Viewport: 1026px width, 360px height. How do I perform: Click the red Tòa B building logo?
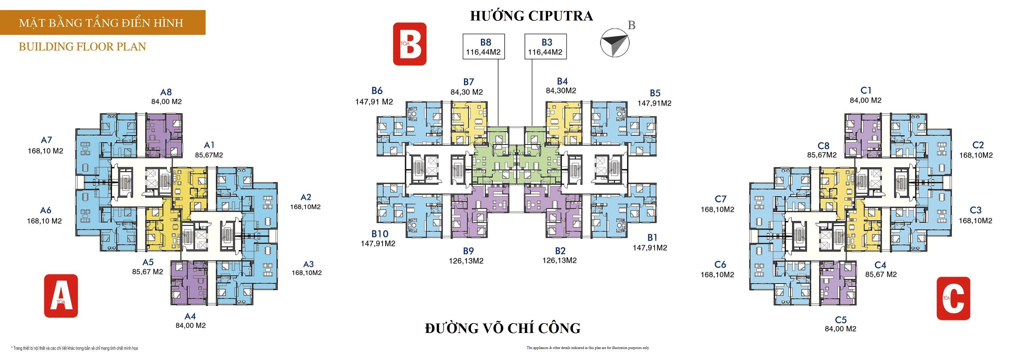click(x=410, y=44)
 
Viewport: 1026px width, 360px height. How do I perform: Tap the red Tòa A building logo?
click(x=61, y=296)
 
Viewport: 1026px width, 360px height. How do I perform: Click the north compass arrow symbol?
click(x=615, y=42)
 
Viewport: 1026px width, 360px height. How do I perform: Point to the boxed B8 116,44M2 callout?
click(x=484, y=47)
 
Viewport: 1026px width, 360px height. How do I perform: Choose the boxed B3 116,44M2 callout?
click(x=545, y=47)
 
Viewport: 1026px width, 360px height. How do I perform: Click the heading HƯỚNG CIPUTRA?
click(x=531, y=16)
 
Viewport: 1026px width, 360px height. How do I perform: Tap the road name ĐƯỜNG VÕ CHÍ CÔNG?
click(x=503, y=328)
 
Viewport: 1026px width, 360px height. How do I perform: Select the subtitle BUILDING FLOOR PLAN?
click(x=82, y=47)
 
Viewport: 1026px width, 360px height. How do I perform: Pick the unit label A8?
click(x=166, y=92)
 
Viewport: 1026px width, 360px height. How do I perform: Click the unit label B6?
click(x=377, y=91)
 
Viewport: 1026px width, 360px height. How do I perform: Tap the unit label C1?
click(x=866, y=90)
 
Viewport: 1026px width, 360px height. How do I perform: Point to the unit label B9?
click(x=468, y=251)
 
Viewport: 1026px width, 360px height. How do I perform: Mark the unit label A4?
click(x=191, y=316)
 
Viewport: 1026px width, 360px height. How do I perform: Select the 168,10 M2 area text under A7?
click(x=45, y=151)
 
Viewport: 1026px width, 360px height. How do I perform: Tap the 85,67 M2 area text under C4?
click(x=881, y=274)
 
